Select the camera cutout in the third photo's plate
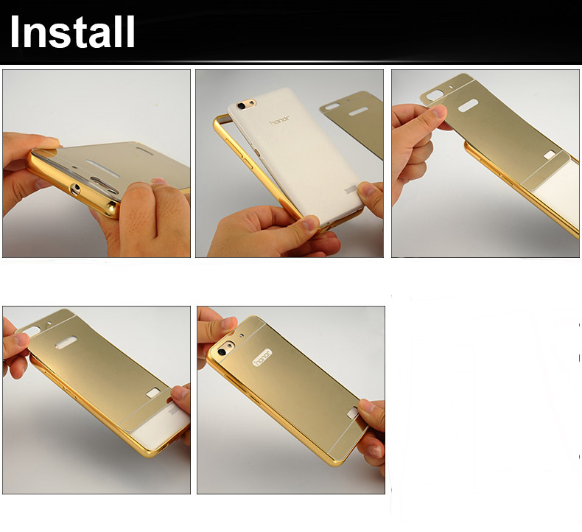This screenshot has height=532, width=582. click(x=434, y=94)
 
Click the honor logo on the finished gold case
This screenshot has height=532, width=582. click(x=263, y=358)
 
